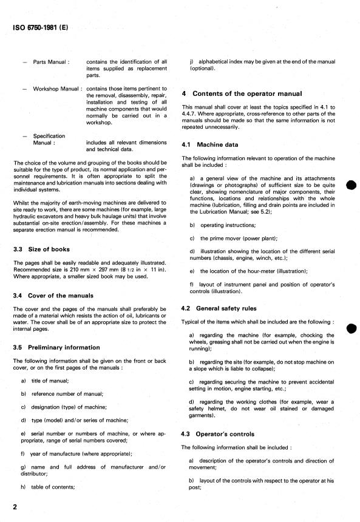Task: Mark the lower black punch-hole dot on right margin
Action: pyautogui.click(x=350, y=329)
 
